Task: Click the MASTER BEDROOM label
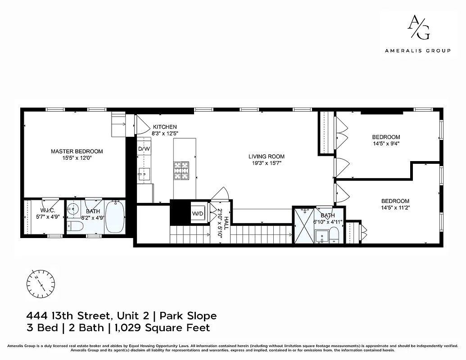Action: (77, 151)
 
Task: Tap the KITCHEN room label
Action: (164, 127)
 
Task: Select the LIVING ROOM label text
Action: (267, 157)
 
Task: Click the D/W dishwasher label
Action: (144, 149)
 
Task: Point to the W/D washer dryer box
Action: (198, 213)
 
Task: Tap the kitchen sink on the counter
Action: (144, 172)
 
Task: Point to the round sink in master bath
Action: (74, 209)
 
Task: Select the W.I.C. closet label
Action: (47, 211)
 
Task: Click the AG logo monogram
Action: (418, 27)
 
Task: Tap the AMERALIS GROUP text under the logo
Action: (417, 51)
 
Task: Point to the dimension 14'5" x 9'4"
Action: (386, 144)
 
